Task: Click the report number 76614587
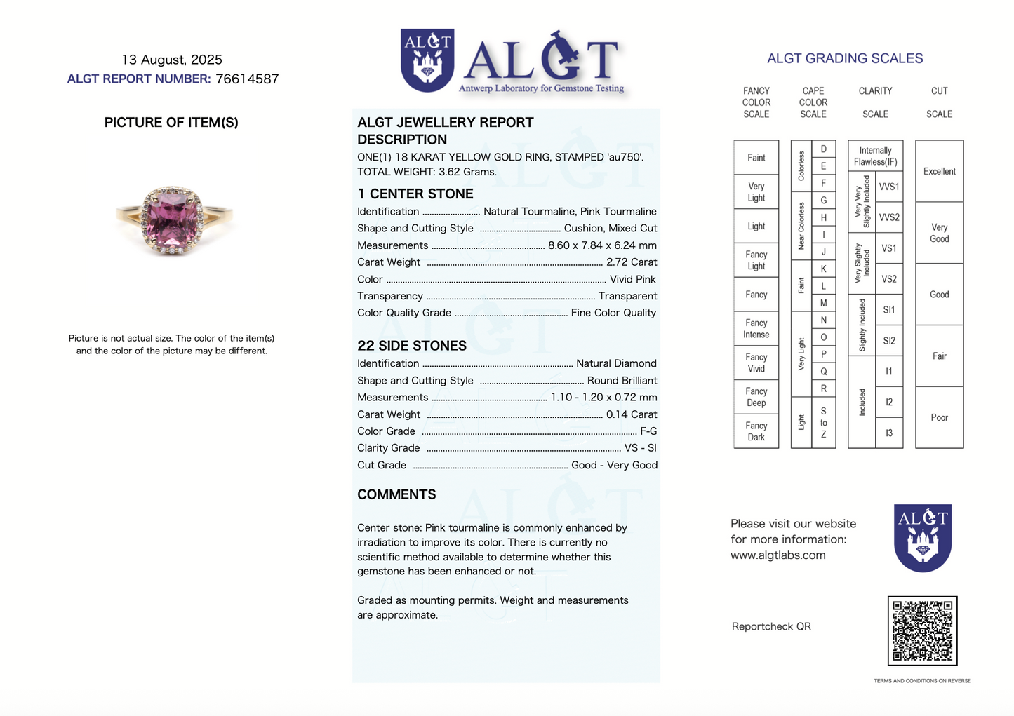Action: point(247,79)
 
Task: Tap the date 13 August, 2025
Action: point(172,60)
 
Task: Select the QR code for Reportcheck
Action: point(922,630)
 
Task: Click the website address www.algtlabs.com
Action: point(778,555)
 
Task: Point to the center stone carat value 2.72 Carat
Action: point(632,262)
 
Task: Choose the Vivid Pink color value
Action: point(633,279)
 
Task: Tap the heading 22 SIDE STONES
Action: point(412,346)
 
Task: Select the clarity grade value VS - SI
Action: point(641,448)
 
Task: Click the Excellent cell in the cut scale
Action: point(939,171)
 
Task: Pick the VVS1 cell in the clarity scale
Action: point(888,187)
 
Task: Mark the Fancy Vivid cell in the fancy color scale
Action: point(756,363)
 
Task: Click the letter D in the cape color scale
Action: point(823,149)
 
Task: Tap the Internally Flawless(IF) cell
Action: point(875,156)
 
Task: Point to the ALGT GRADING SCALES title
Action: point(845,58)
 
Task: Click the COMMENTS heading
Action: point(396,494)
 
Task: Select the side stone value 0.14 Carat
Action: point(632,414)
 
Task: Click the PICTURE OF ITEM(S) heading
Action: point(171,123)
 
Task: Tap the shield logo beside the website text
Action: point(922,537)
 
